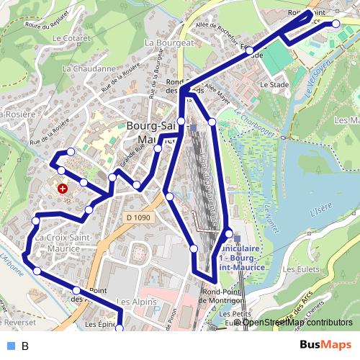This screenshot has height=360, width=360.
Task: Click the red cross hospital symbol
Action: (x=63, y=189)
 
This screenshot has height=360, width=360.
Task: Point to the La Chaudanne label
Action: (x=89, y=69)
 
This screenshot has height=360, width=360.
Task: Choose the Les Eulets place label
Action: (x=299, y=269)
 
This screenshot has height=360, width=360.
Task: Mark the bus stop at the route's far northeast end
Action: (x=336, y=24)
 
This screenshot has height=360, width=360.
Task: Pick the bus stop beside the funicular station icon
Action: (x=229, y=234)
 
